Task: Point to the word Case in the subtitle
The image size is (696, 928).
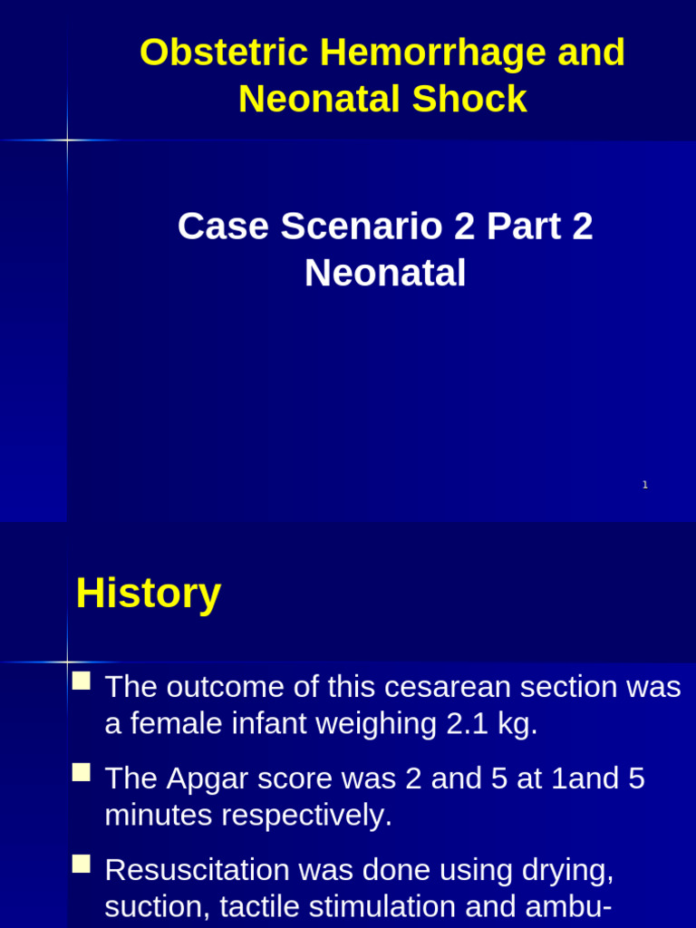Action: [x=223, y=226]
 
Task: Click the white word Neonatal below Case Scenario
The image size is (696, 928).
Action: [x=385, y=273]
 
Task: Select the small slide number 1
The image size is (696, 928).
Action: [x=645, y=485]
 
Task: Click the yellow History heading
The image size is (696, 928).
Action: [x=149, y=594]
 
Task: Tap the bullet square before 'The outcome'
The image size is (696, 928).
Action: [x=82, y=681]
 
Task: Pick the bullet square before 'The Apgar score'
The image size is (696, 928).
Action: [x=82, y=772]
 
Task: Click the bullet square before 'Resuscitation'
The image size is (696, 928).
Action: [x=82, y=863]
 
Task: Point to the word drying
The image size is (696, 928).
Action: [x=568, y=870]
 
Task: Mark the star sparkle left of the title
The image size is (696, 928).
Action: [x=67, y=140]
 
